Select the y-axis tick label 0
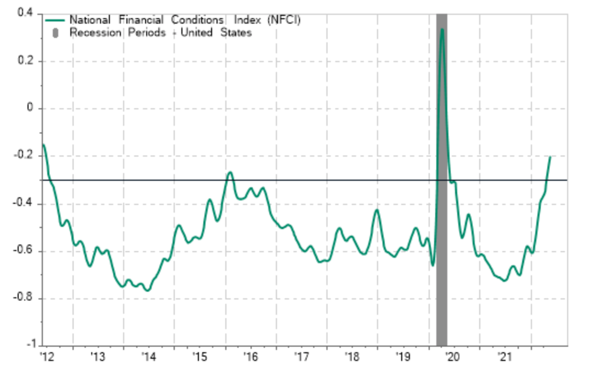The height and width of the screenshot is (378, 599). click(x=30, y=108)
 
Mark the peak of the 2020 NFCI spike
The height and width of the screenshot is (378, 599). click(x=442, y=29)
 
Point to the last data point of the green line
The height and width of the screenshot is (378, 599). click(x=550, y=157)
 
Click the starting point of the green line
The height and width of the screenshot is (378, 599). click(x=43, y=144)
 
